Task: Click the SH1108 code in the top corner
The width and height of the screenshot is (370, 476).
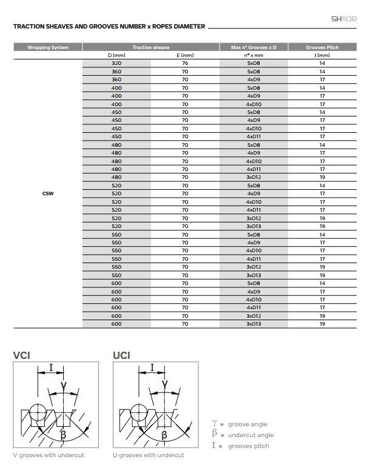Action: coord(343,19)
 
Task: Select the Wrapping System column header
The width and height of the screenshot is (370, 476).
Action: coord(48,47)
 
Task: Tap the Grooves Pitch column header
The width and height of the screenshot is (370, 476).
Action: coord(322,47)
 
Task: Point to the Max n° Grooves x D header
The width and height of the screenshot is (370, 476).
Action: coord(254,47)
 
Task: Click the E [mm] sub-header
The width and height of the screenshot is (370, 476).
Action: coord(185,55)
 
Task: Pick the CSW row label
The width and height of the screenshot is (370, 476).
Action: coord(48,193)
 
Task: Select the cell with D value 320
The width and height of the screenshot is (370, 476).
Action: coord(116,63)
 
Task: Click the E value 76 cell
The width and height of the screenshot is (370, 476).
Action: coord(185,63)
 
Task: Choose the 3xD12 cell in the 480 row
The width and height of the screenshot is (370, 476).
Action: coord(254,177)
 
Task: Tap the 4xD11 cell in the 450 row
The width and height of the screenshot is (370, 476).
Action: coord(254,136)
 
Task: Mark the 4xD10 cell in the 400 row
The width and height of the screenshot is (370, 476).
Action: coord(254,104)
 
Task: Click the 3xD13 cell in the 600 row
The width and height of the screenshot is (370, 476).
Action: coord(254,324)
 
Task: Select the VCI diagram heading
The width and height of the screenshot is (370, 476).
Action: coord(22,355)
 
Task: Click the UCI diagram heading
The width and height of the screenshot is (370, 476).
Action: coord(121,355)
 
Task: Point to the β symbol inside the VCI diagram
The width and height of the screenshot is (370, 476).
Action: coord(63,435)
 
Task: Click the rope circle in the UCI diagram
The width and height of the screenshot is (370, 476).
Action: coord(139,413)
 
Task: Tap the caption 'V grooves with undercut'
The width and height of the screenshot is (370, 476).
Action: coord(49,455)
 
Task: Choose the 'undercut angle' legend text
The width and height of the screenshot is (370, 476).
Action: coord(251,435)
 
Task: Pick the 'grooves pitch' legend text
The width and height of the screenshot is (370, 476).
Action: coord(249,446)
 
